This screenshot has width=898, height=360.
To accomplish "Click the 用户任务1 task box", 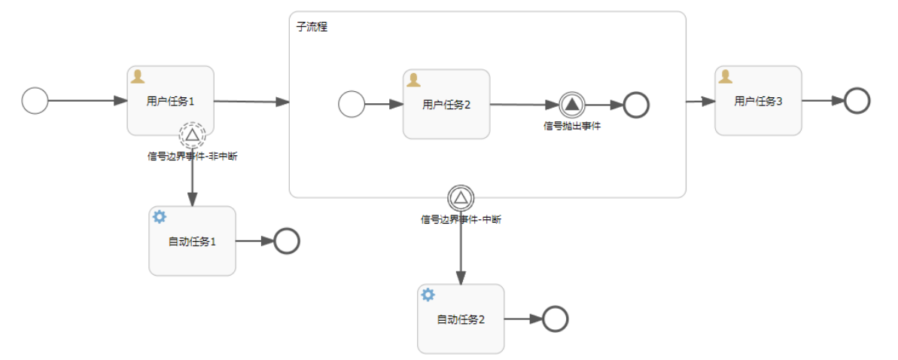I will coord(170,100).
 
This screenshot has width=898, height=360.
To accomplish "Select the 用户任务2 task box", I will coord(446,104).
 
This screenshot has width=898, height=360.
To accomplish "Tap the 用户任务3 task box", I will coord(758,100).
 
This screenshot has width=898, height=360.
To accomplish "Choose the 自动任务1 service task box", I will coord(192,241).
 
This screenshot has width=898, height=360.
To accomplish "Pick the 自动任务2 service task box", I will coord(461,319).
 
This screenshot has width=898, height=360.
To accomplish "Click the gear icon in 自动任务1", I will coord(160,217).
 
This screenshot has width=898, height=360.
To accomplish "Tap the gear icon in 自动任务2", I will coord(428,294).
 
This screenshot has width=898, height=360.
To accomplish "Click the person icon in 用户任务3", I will coord(726,76).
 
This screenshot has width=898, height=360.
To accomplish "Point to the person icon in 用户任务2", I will coord(413,80).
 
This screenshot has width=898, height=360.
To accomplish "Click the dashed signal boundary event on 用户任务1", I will coord(192,135).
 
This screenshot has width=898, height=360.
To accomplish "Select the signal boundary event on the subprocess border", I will coord(461,199).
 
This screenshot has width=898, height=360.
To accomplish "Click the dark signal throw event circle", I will coord(572,105).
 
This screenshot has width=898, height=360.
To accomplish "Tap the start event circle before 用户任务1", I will coord(35,100).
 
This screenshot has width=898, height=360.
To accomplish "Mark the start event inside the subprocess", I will coord(352,105).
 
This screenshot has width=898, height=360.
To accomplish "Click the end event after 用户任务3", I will coord(857,100).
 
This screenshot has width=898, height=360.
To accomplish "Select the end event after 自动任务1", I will coord(287,241).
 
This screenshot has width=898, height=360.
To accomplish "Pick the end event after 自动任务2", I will coord(556,319).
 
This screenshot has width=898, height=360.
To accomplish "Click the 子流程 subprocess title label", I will coord(312,27).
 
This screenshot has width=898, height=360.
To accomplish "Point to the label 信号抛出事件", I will coord(572,126).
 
